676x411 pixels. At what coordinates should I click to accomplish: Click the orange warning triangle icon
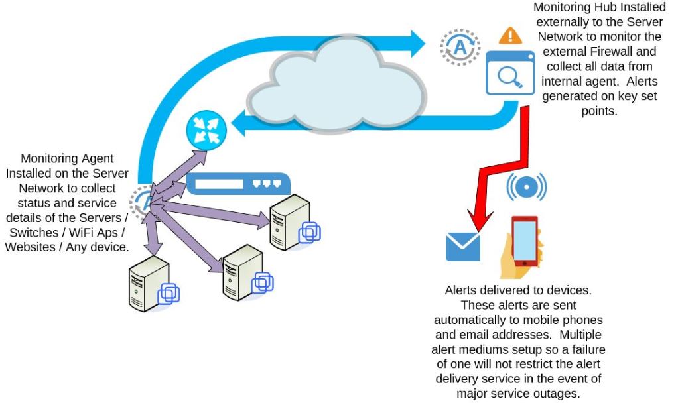click(x=510, y=36)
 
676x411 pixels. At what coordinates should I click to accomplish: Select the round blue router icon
click(x=206, y=129)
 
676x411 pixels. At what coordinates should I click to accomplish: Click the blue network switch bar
click(x=238, y=183)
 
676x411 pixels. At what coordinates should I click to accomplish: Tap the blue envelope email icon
click(x=462, y=247)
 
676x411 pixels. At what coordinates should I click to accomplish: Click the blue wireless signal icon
click(x=526, y=187)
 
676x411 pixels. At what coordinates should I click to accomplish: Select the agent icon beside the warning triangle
click(x=460, y=46)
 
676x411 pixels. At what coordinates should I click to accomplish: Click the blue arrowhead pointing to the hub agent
click(x=417, y=43)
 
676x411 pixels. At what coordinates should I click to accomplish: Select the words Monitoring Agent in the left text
click(x=67, y=159)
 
